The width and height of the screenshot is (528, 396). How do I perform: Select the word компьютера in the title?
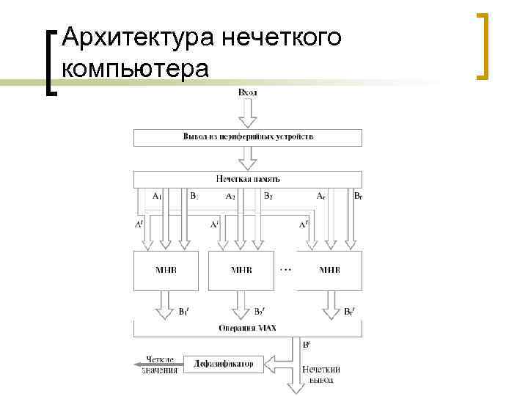tap(136, 69)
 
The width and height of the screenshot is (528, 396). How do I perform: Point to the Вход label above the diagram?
tap(248, 93)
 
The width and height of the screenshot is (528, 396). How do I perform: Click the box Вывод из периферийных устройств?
tap(248, 137)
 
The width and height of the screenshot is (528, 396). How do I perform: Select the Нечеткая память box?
tap(248, 178)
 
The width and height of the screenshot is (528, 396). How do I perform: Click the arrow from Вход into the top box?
tap(248, 114)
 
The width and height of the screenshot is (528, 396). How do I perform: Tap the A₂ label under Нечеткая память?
tap(230, 197)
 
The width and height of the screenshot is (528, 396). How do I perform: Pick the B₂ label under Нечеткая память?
tap(268, 197)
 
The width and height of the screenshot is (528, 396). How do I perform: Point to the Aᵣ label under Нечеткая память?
tap(320, 197)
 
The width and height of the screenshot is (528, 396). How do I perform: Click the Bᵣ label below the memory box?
tap(357, 197)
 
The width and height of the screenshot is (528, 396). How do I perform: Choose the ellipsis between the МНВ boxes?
tap(286, 269)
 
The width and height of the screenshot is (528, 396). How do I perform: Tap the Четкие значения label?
tap(160, 364)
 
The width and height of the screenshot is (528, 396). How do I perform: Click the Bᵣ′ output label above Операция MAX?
tap(351, 312)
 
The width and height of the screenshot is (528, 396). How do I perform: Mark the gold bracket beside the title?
tap(483, 45)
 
